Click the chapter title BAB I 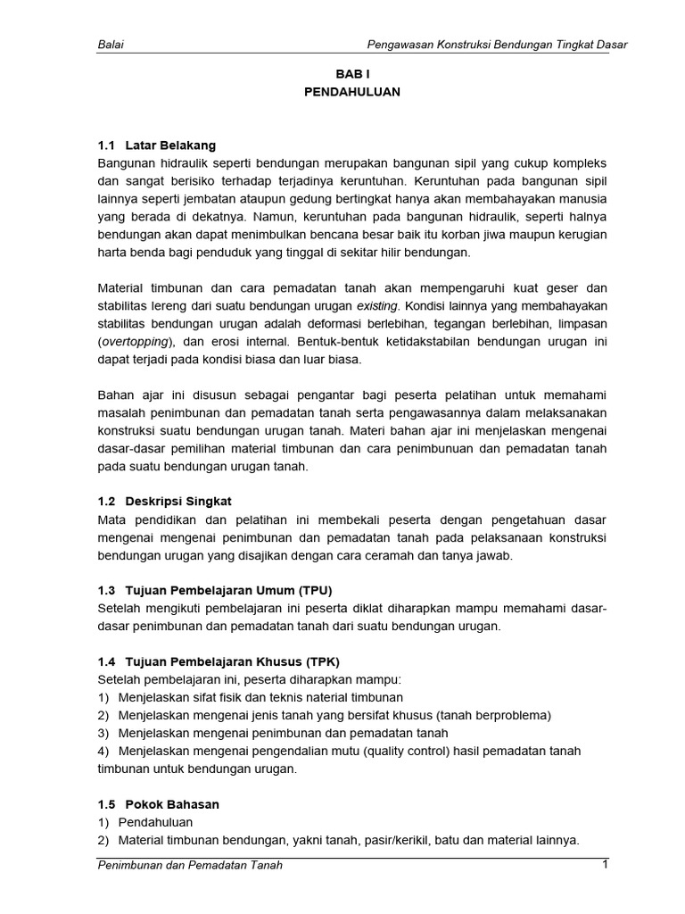coord(342,74)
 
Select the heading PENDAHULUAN coord(342,92)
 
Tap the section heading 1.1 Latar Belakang coord(156,145)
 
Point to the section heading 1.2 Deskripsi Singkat coord(164,501)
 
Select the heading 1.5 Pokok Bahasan coord(158,803)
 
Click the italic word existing coord(376,305)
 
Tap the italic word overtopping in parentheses coord(136,341)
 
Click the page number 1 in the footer coord(604,864)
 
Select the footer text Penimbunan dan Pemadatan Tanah coord(189,866)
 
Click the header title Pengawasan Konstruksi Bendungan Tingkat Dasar coord(498,46)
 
